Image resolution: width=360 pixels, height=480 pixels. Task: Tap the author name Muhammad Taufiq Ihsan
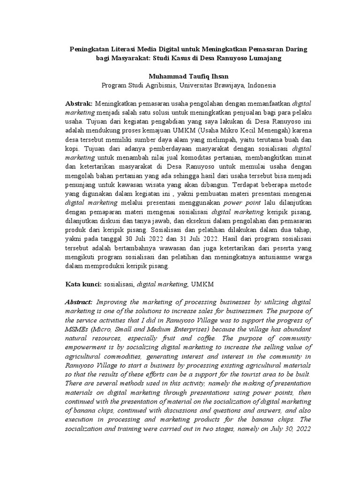coord(188,76)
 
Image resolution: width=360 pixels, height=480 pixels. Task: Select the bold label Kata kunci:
coord(82,284)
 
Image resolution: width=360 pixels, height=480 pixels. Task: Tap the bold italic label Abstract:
coord(79,302)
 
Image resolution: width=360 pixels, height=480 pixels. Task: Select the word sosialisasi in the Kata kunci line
coord(119,285)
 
